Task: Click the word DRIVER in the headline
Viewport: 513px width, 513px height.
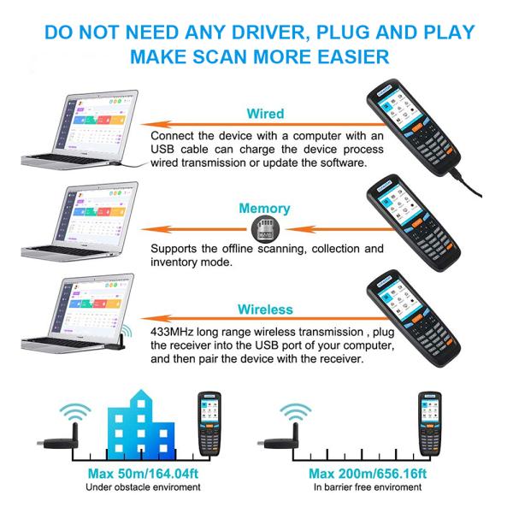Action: pyautogui.click(x=269, y=32)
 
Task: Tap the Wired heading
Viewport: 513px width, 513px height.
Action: pyautogui.click(x=265, y=114)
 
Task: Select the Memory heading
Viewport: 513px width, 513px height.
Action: pyautogui.click(x=265, y=209)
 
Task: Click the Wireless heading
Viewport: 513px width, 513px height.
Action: pyautogui.click(x=265, y=310)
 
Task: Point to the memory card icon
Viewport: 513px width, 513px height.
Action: pyautogui.click(x=265, y=229)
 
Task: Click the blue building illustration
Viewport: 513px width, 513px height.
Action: pyautogui.click(x=141, y=425)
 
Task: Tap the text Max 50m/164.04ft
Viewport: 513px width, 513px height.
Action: pyautogui.click(x=143, y=474)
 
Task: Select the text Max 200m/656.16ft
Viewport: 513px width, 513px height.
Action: pyautogui.click(x=368, y=474)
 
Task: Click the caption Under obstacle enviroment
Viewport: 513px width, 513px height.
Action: pyautogui.click(x=143, y=487)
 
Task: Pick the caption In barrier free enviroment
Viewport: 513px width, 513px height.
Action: pyautogui.click(x=368, y=487)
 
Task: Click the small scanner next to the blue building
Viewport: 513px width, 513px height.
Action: pyautogui.click(x=209, y=423)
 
